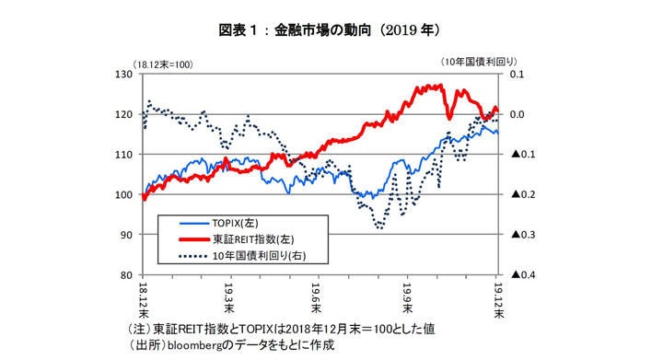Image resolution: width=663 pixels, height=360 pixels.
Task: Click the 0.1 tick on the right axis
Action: tap(517, 74)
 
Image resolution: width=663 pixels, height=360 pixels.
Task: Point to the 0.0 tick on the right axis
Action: tap(517, 114)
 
